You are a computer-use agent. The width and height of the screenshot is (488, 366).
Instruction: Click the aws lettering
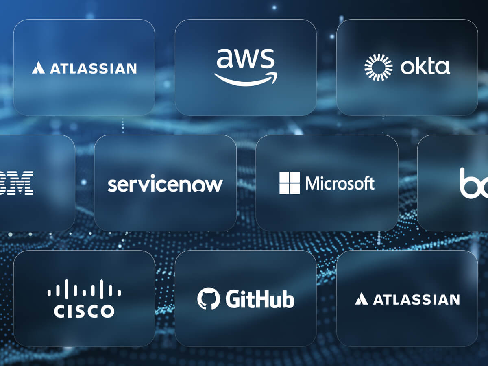(245, 59)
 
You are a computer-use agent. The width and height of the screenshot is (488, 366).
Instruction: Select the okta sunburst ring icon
(378, 67)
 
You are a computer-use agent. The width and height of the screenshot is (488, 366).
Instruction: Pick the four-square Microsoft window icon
(289, 183)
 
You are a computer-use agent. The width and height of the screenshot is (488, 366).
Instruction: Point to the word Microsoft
(340, 183)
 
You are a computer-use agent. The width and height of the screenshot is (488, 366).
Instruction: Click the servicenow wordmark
(165, 184)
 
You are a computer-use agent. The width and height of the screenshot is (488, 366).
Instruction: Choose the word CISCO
(84, 311)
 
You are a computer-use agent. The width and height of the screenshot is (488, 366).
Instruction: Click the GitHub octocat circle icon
(208, 299)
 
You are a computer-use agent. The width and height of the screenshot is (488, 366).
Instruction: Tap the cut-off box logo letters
(474, 183)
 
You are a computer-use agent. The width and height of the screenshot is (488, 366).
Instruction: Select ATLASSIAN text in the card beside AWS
(93, 68)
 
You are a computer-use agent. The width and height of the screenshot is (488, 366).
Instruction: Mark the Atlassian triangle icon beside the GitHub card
(361, 300)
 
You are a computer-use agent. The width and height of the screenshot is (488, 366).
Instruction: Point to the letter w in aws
(245, 59)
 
